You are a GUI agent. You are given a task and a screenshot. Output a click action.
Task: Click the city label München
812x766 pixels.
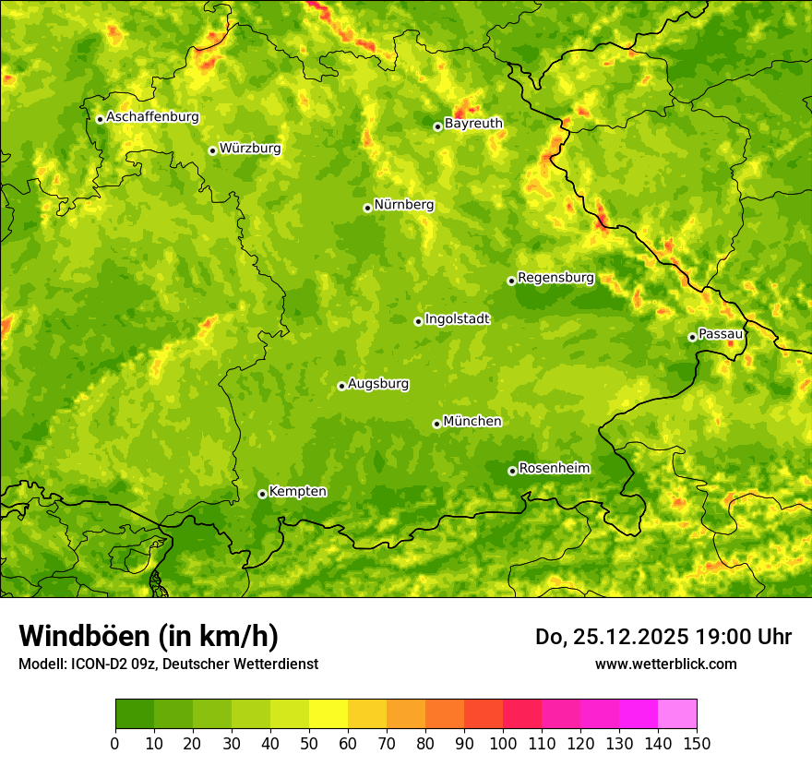[x=472, y=422]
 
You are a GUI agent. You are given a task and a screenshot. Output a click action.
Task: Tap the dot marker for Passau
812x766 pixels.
[x=692, y=337]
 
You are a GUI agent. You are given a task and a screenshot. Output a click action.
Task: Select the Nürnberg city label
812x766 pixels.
[x=404, y=205]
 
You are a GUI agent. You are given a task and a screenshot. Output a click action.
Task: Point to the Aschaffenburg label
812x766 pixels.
[x=152, y=117]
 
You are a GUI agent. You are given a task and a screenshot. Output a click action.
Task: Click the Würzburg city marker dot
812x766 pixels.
[x=212, y=150]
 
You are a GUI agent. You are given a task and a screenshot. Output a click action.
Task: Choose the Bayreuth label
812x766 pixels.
[x=473, y=124]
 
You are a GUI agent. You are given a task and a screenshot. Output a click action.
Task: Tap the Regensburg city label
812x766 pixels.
[x=555, y=278]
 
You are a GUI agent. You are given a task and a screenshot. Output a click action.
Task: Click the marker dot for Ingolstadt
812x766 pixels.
[x=418, y=321]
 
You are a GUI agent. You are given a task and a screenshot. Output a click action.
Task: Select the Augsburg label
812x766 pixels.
[x=378, y=384]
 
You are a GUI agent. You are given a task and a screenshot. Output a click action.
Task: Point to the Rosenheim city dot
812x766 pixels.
[x=512, y=471]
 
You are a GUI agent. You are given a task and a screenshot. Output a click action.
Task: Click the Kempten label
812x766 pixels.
[x=297, y=492]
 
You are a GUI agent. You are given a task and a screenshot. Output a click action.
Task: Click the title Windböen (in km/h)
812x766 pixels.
[x=148, y=637]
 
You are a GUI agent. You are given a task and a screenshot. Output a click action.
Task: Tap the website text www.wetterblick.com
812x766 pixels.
[x=665, y=664]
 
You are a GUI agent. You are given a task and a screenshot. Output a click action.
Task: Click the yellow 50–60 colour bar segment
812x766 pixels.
[x=328, y=714]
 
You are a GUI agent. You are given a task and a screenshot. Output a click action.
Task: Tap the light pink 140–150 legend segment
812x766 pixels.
[x=677, y=714]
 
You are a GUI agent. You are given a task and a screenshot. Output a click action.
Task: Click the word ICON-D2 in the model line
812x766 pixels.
[x=99, y=664]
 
